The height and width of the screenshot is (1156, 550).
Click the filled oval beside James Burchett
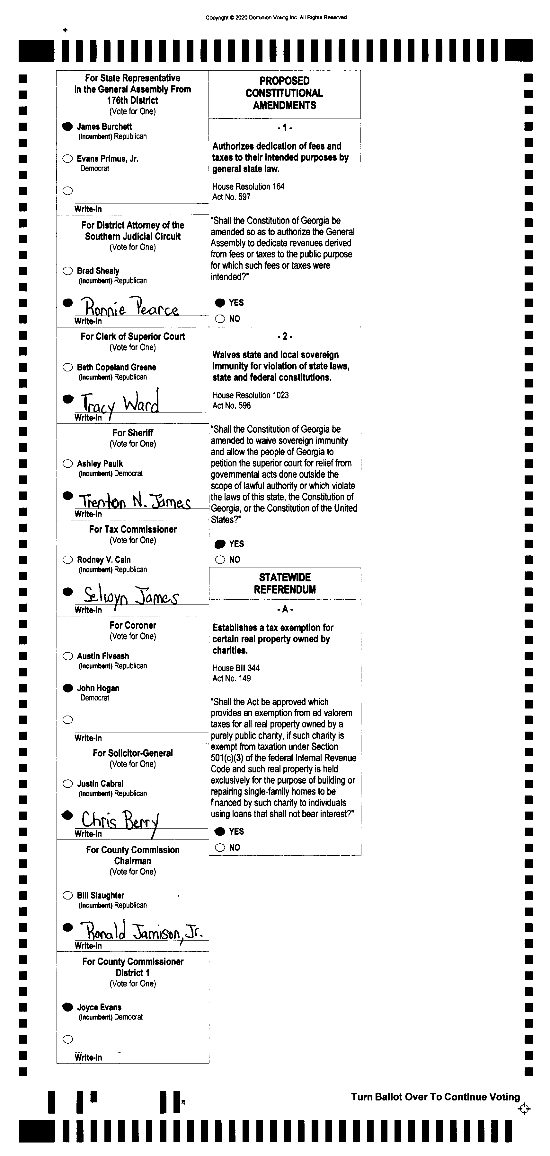tap(67, 126)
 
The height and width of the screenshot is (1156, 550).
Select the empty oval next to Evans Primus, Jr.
tap(67, 158)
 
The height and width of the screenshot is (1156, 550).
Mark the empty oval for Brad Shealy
tap(67, 271)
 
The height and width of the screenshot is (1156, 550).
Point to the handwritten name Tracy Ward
tap(120, 403)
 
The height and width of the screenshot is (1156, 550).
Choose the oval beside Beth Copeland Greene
tap(67, 367)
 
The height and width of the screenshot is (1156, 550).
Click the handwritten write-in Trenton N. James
tap(135, 501)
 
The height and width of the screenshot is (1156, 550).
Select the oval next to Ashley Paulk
tap(67, 464)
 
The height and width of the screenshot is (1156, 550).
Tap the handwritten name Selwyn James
tap(131, 595)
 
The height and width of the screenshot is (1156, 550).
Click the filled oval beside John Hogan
tap(67, 688)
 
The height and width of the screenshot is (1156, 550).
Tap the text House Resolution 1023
tap(251, 395)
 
